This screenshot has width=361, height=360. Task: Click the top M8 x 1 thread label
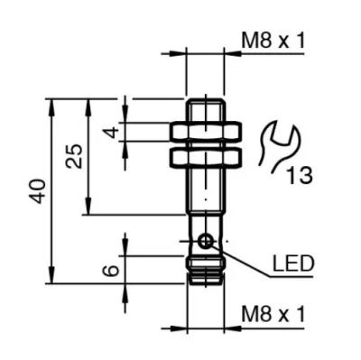[273, 41]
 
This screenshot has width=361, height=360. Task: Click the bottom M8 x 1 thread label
[273, 314]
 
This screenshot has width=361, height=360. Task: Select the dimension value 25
[74, 156]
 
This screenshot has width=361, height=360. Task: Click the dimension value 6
[111, 271]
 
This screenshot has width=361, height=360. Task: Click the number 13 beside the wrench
[299, 175]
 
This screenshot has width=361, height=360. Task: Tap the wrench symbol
[279, 146]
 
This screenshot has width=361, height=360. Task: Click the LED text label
[293, 263]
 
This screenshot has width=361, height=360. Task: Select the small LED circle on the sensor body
[206, 241]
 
